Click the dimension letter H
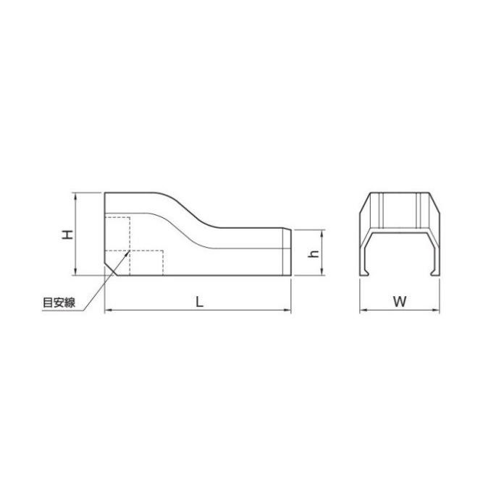(x=66, y=234)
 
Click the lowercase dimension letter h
(x=314, y=253)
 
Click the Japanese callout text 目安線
(x=59, y=303)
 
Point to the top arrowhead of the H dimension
(x=75, y=195)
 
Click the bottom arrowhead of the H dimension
(x=75, y=273)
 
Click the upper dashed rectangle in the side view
(x=117, y=232)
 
